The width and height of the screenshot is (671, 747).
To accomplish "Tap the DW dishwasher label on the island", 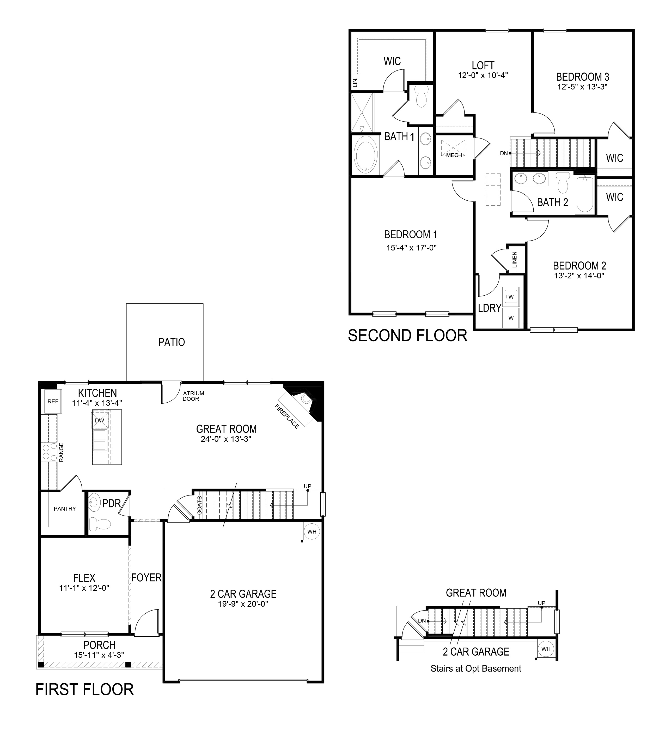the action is [x=100, y=420].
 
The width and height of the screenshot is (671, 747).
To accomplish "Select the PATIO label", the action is [x=172, y=342].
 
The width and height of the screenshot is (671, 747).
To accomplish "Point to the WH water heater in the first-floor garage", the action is [x=312, y=532].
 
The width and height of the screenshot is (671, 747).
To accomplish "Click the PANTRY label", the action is [x=65, y=509].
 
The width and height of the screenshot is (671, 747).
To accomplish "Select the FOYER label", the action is [x=146, y=578].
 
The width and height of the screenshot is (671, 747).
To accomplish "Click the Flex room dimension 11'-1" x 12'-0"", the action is [x=84, y=588].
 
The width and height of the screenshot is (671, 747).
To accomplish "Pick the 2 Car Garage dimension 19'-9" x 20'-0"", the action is [x=243, y=604].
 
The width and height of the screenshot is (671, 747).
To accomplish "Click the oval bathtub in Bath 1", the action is [x=366, y=155].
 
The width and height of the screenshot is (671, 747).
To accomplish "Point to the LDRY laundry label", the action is [x=490, y=308].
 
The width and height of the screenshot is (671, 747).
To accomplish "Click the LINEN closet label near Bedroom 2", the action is [x=515, y=259].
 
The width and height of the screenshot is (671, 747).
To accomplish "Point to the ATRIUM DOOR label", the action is [x=193, y=396].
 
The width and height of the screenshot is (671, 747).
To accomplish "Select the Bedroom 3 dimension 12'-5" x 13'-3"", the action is [x=583, y=87].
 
